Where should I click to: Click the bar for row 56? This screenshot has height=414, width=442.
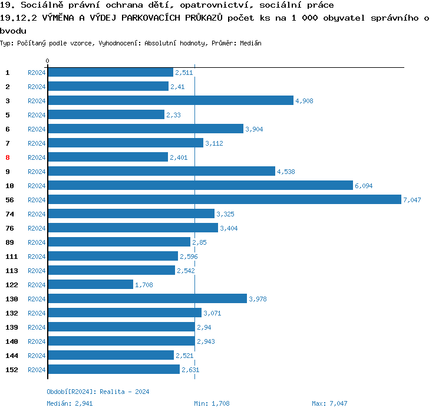[224, 199]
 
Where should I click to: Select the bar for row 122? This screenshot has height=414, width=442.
[90, 284]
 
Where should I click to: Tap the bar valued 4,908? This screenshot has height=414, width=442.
[170, 100]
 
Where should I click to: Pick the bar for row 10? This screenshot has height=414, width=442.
[200, 185]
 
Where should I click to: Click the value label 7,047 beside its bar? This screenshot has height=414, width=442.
[412, 200]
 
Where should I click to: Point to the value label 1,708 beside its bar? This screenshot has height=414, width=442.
[144, 285]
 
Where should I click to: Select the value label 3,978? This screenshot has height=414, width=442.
[258, 299]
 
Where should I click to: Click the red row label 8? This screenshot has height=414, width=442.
[8, 157]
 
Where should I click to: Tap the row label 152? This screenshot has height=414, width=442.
[12, 370]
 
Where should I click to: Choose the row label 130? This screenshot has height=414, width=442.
[12, 299]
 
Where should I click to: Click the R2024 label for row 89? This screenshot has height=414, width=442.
[37, 242]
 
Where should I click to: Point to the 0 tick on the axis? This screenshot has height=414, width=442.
[47, 61]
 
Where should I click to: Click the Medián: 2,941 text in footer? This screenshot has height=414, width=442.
[70, 403]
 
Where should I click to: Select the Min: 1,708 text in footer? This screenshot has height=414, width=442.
[212, 403]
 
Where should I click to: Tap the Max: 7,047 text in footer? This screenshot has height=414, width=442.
[329, 403]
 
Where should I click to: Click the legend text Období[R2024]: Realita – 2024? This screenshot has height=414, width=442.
[98, 392]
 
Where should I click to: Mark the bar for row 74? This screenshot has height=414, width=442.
[131, 213]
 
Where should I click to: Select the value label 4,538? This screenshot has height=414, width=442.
[285, 172]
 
